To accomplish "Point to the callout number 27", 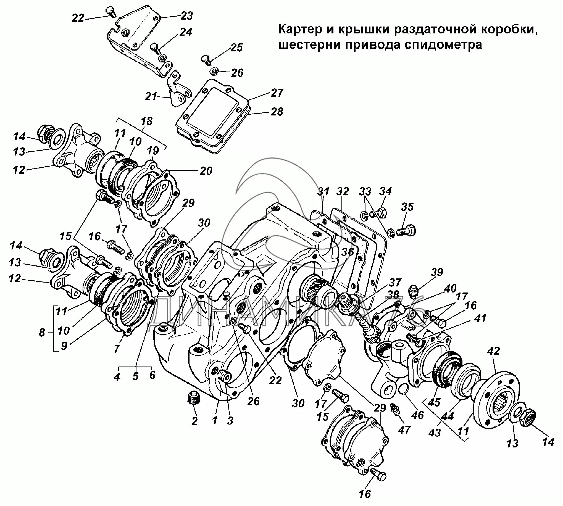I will click(277, 93).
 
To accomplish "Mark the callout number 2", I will click(194, 421).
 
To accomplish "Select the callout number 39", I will click(437, 272).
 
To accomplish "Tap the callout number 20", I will click(206, 171).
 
